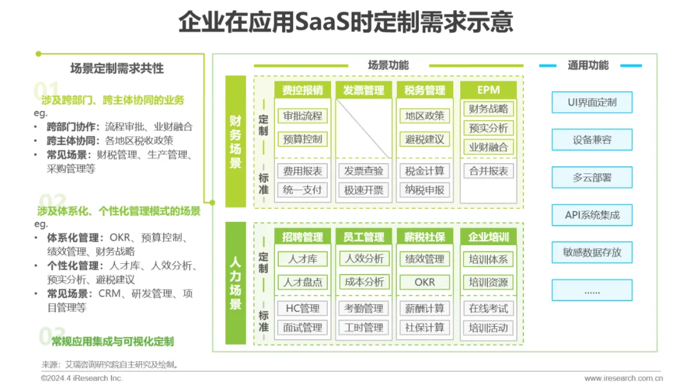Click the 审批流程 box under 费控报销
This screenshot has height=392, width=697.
[303, 116]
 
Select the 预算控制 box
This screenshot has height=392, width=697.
[303, 139]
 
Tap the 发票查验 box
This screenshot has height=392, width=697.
[364, 171]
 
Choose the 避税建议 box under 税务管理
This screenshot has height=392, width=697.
[425, 139]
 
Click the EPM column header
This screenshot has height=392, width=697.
[489, 90]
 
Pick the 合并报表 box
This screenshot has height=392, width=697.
[489, 171]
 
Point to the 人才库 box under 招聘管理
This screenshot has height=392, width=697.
[303, 259]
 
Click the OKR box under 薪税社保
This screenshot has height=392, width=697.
[425, 282]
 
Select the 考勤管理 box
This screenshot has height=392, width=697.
[364, 308]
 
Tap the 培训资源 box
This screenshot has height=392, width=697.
[489, 282]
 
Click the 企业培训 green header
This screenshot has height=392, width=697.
[489, 237]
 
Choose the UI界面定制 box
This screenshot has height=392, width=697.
[592, 103]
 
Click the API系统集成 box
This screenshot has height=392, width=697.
[592, 215]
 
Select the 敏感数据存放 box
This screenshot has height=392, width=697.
[592, 252]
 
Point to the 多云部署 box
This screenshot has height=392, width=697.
[592, 177]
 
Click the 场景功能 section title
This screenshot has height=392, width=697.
[388, 65]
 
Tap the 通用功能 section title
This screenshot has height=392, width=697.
[588, 65]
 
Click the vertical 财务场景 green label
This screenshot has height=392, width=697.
[236, 141]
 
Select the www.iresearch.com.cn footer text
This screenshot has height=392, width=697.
[623, 378]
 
